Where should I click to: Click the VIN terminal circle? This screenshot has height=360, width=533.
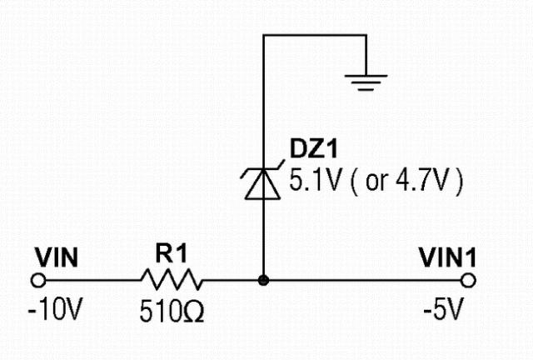click(x=37, y=281)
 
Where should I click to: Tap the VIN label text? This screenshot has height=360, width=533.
click(x=56, y=258)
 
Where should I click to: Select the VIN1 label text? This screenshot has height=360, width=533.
click(x=450, y=258)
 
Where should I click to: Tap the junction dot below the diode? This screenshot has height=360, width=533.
click(x=263, y=281)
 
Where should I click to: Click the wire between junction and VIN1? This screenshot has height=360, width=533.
click(x=366, y=281)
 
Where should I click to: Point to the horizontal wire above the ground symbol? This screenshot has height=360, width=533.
click(x=314, y=35)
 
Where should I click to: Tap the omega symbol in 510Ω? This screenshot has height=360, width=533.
click(x=196, y=314)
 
